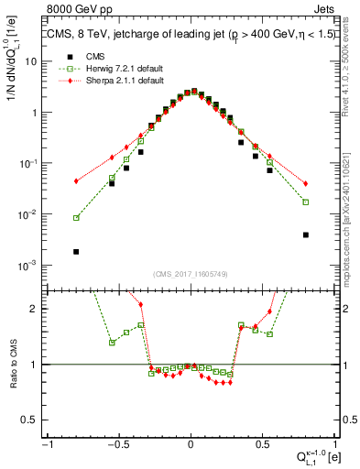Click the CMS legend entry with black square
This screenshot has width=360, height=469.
[92, 56]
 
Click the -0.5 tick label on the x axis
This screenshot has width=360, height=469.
[118, 443]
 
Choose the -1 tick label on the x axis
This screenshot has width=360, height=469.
[46, 443]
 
